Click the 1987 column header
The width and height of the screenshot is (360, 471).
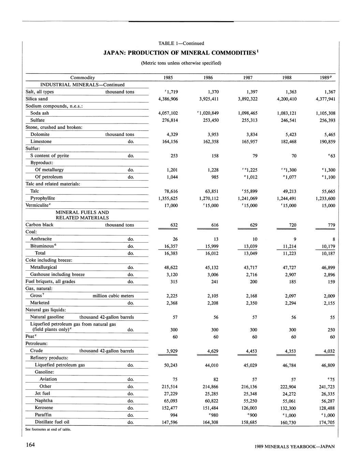coord(248,78)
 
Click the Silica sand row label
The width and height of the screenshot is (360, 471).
coord(37,99)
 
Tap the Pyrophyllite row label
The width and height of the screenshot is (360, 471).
coord(43,198)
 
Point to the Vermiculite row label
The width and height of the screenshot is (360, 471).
coord(38,205)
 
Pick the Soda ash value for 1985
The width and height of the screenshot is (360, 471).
coord(168,113)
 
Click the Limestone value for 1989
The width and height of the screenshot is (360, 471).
coord(327,142)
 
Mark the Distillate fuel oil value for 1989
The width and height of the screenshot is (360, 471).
coord(327,423)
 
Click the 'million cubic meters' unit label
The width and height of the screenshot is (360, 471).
coord(113,296)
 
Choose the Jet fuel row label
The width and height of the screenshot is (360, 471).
coord(42,394)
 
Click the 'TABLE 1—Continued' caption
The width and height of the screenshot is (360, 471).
coord(181,43)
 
